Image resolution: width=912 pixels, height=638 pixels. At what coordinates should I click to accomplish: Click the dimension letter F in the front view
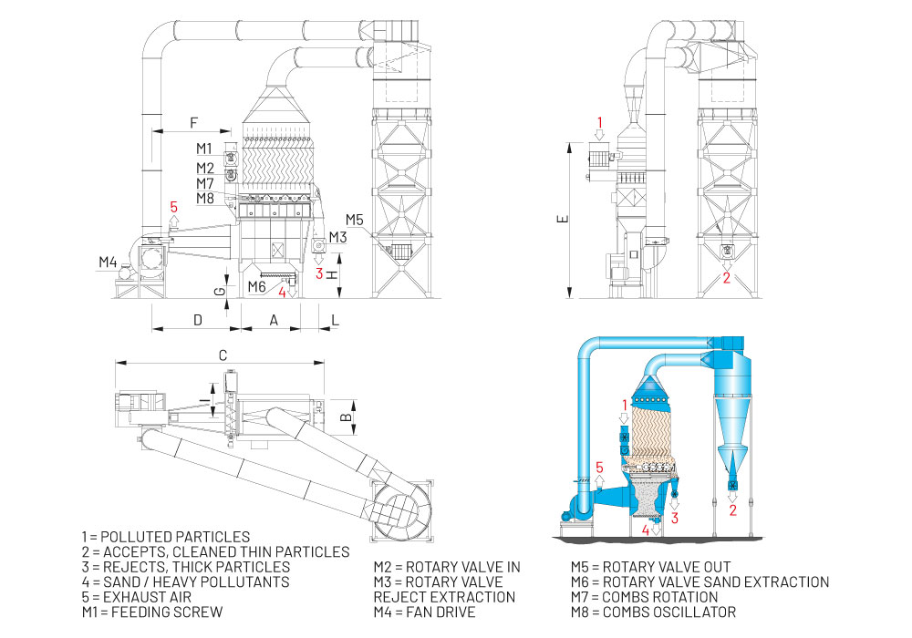click(192, 121)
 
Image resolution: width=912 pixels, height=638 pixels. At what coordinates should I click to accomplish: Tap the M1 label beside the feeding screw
click(203, 148)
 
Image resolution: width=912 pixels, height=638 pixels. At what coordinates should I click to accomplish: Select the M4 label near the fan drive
click(109, 262)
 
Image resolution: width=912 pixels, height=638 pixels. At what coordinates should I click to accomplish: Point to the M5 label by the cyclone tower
click(355, 219)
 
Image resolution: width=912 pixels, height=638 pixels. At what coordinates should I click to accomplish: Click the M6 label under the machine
click(257, 286)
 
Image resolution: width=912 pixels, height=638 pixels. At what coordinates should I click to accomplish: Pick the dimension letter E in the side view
click(563, 219)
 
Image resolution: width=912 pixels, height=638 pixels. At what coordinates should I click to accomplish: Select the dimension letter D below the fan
click(197, 319)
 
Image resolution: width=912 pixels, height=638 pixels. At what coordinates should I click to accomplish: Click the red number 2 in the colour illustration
click(732, 509)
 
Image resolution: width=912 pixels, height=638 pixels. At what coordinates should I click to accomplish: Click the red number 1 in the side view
click(600, 121)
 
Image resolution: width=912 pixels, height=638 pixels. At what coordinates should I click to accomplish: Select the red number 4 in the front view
click(283, 293)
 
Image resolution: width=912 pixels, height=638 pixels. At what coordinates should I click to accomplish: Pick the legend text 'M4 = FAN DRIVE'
click(424, 612)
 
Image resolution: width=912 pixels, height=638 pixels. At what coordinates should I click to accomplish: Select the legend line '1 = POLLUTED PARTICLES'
click(165, 536)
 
